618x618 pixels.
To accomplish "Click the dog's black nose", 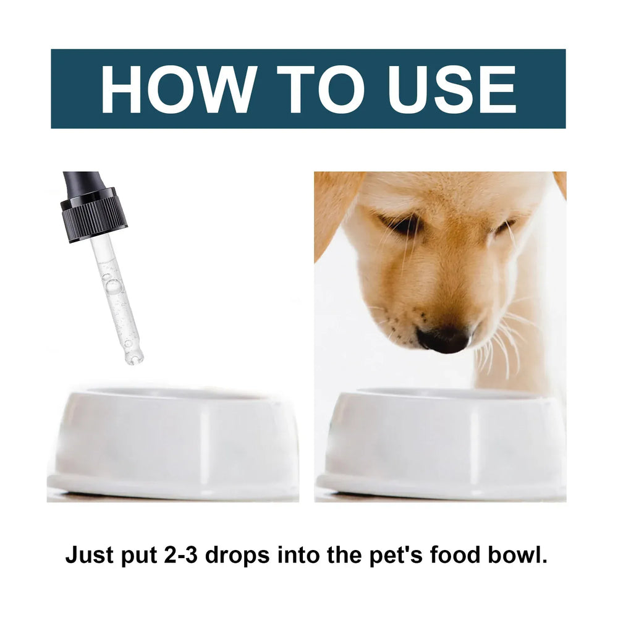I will [x=443, y=338].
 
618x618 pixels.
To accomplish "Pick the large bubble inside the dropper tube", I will [x=113, y=286].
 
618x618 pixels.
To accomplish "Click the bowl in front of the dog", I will [x=440, y=442].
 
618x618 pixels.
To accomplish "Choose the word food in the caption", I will [x=441, y=555].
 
